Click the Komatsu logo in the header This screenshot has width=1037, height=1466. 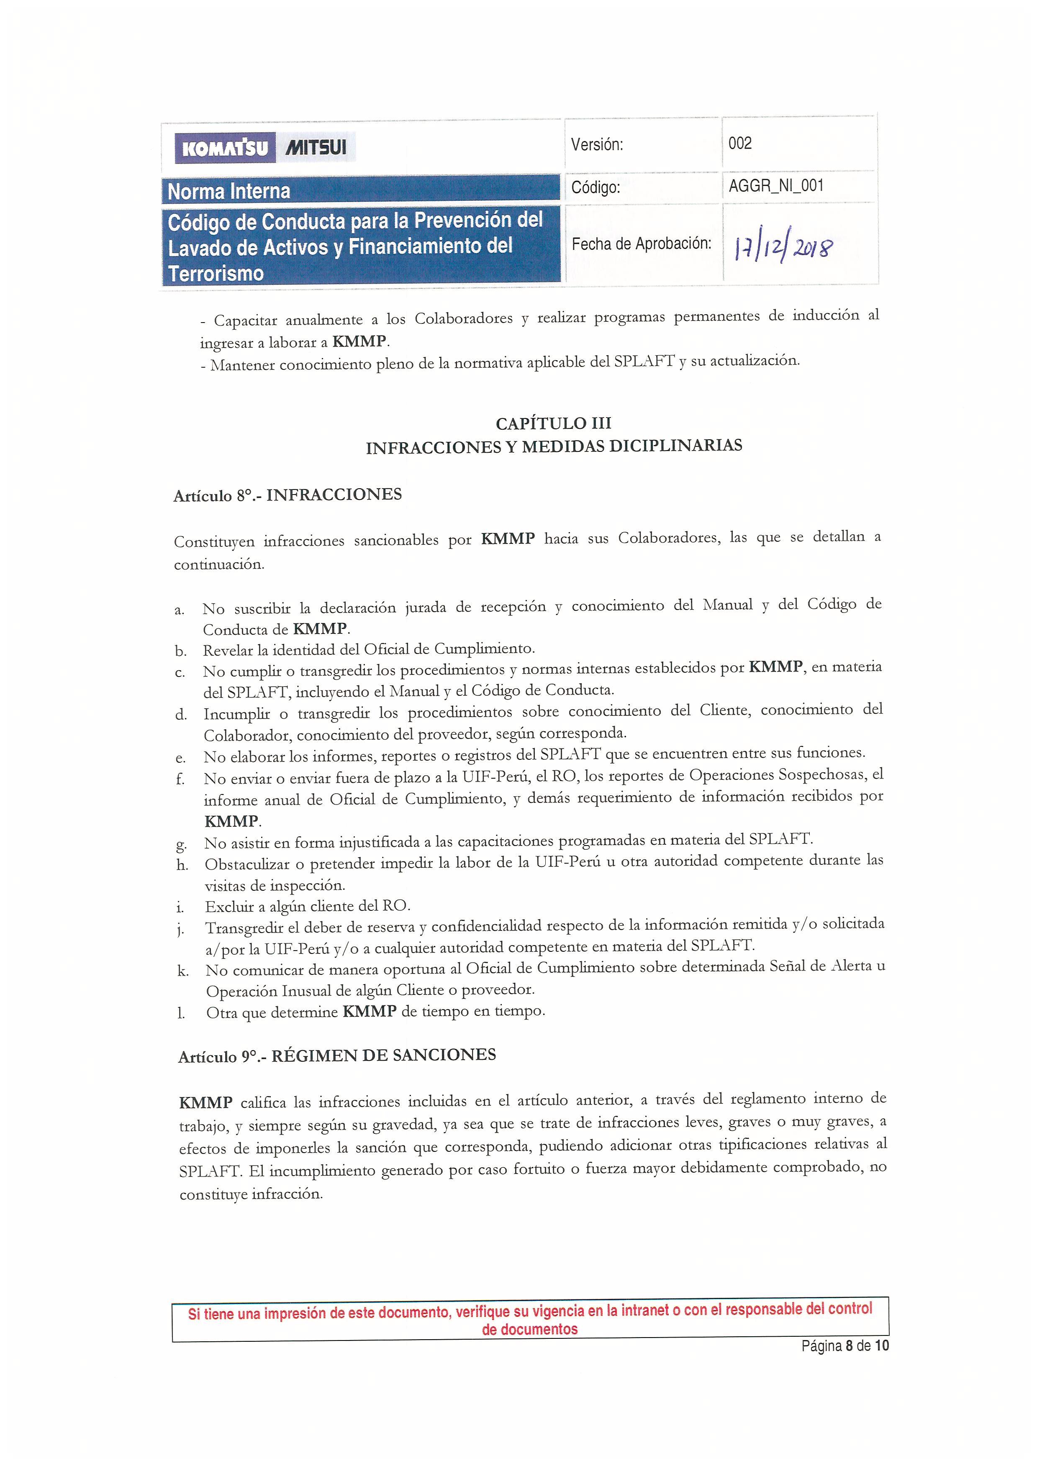tap(225, 148)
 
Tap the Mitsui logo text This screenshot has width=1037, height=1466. tap(316, 148)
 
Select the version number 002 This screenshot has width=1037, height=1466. tap(740, 143)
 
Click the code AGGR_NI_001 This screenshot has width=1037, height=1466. tap(776, 186)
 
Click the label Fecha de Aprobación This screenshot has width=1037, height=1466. tap(641, 243)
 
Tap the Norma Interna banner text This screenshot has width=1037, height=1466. tap(228, 191)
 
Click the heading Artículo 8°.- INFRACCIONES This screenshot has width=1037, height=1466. tap(287, 495)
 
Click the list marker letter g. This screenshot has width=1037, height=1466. tap(181, 844)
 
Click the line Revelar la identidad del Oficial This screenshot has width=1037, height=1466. tap(368, 649)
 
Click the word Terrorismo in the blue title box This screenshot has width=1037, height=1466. tap(216, 273)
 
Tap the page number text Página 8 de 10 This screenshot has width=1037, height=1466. tap(845, 1346)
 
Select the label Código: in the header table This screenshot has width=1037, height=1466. tap(595, 187)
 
